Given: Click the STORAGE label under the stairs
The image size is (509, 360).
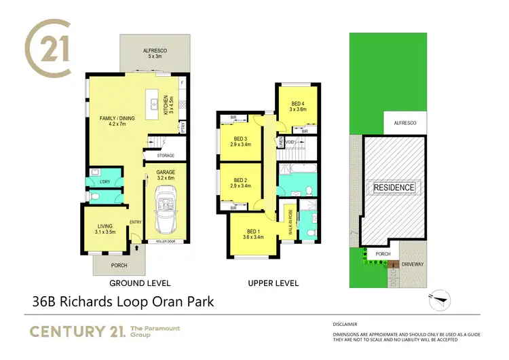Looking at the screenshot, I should point(166,156).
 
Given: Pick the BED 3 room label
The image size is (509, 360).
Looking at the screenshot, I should point(241,141).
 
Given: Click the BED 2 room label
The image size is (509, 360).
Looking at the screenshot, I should point(241,182).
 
